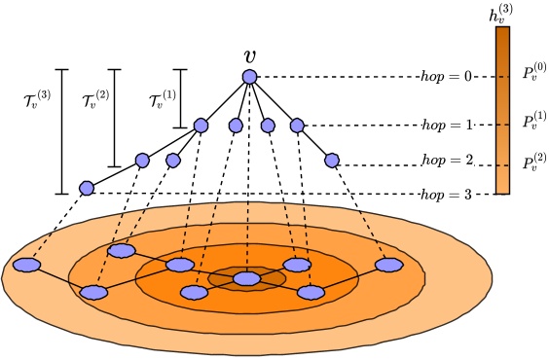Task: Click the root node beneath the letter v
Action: pyautogui.click(x=249, y=77)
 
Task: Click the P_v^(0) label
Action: pyautogui.click(x=534, y=73)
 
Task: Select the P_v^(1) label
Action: pyautogui.click(x=534, y=122)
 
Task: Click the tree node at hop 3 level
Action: pyautogui.click(x=87, y=188)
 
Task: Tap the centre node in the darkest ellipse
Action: pyautogui.click(x=247, y=279)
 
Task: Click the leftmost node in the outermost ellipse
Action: pyautogui.click(x=27, y=265)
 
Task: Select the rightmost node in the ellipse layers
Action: pyautogui.click(x=389, y=265)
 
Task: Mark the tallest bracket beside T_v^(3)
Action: pyautogui.click(x=62, y=130)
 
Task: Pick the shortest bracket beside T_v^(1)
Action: pyautogui.click(x=179, y=98)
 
